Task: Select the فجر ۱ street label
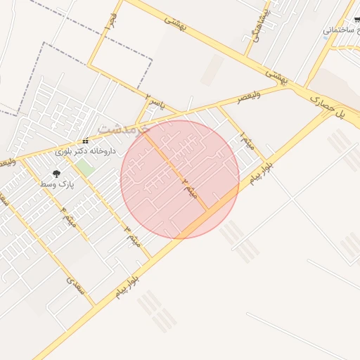pos(109,22)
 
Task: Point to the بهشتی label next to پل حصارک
pos(276,77)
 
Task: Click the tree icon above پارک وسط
pos(56,173)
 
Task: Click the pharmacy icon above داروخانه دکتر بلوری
pos(86,141)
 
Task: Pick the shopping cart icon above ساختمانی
pos(356,19)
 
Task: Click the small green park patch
pos(84,168)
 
